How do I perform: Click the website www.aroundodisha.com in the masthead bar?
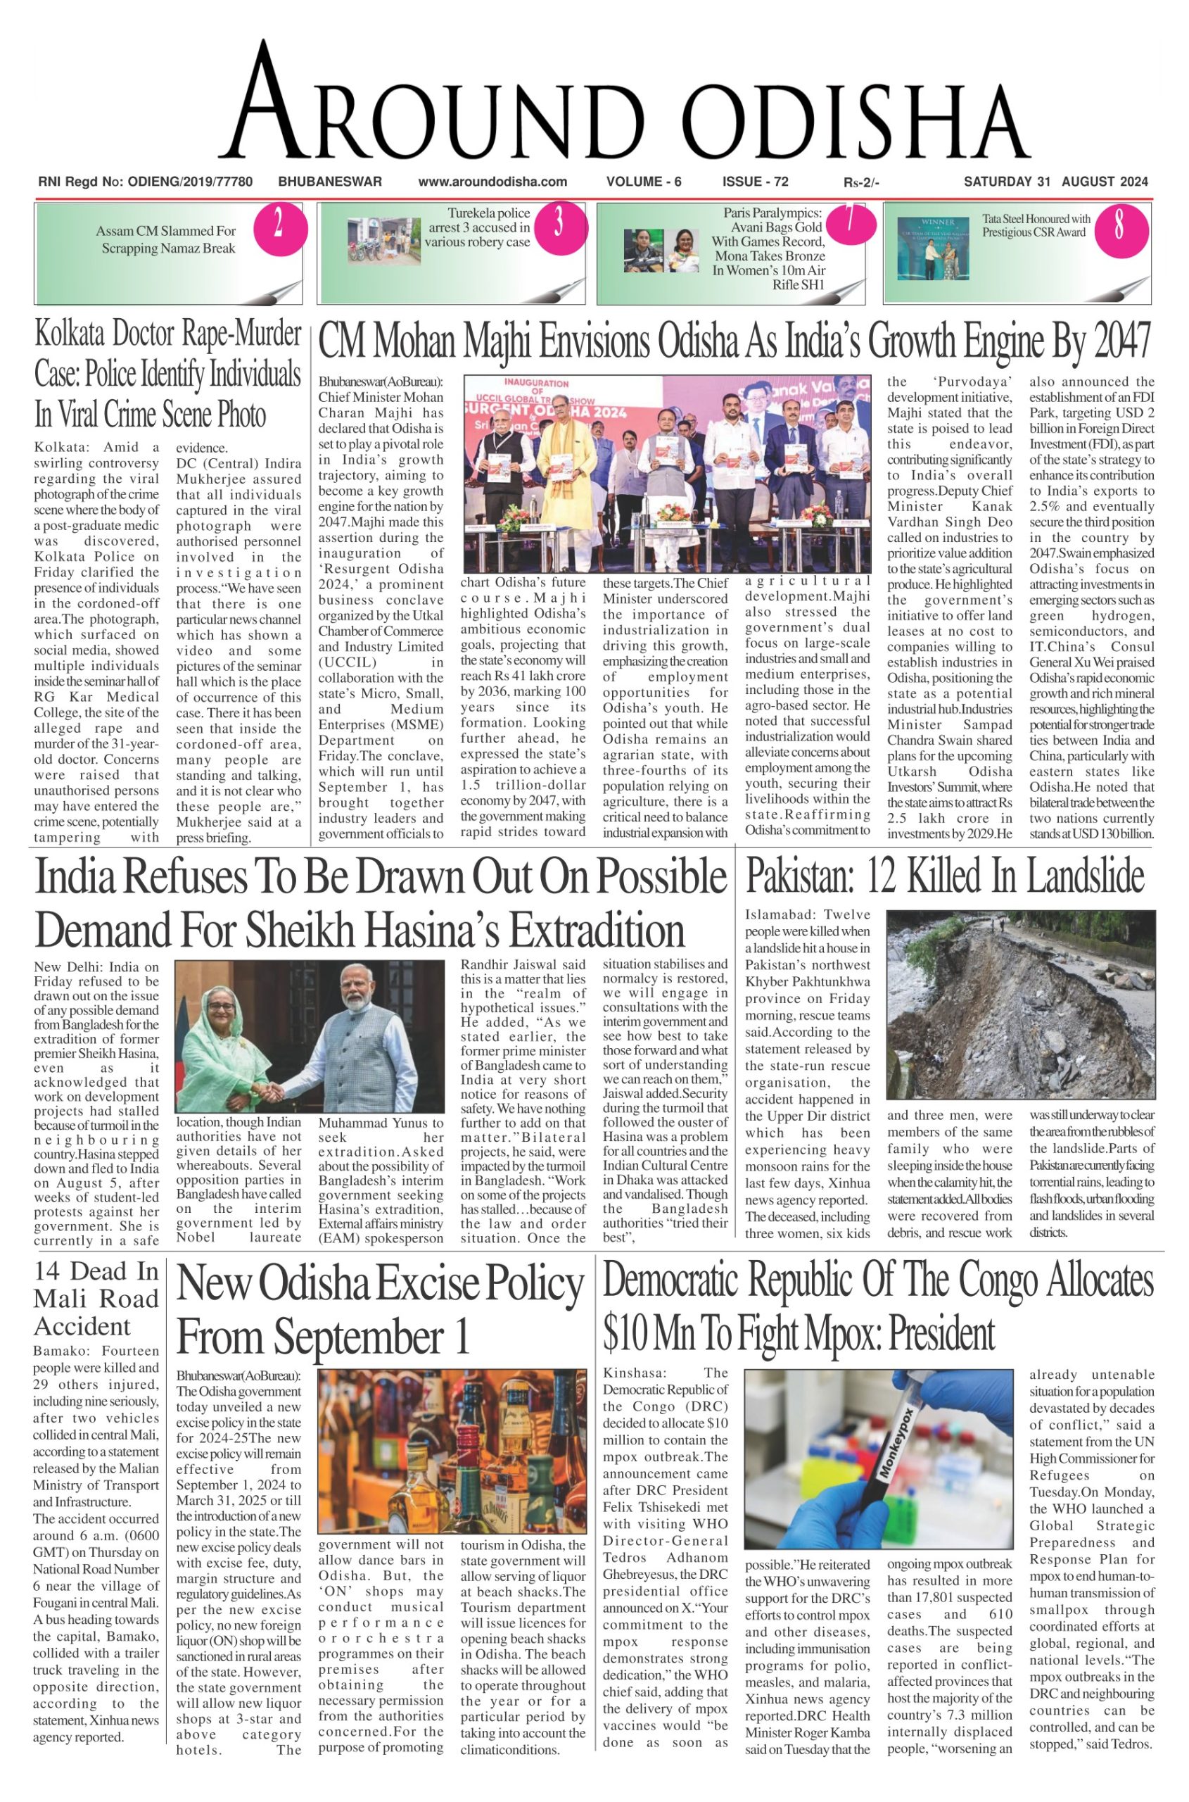tap(493, 182)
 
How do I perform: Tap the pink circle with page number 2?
tap(279, 225)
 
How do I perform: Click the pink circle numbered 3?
tap(559, 224)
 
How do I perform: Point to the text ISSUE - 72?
tap(755, 182)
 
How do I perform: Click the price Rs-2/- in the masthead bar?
tap(861, 183)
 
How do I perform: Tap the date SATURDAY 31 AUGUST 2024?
tap(1055, 182)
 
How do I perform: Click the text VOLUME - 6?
tap(644, 182)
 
